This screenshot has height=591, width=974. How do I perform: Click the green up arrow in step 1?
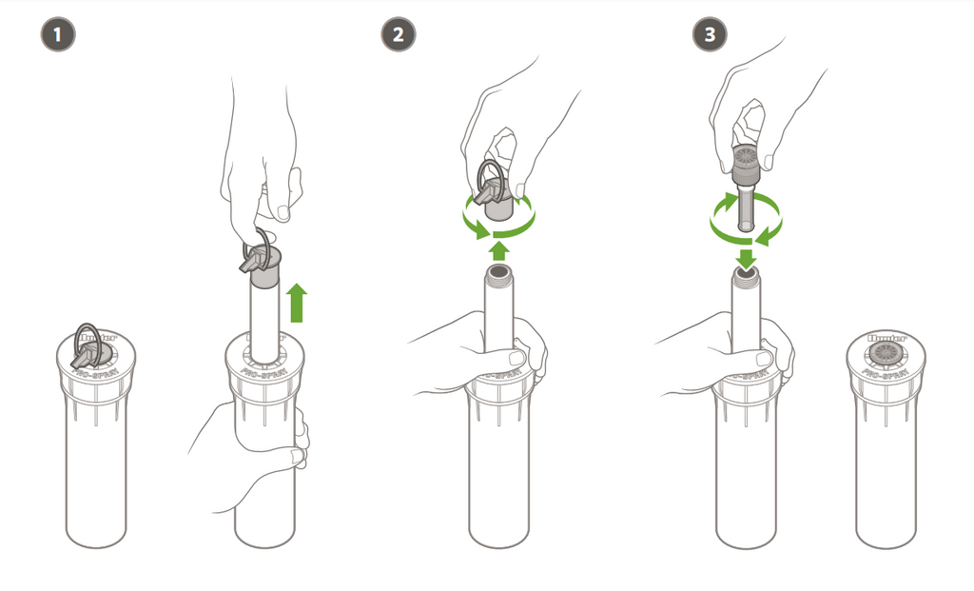pyautogui.click(x=298, y=303)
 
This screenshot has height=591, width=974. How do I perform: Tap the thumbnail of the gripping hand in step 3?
pyautogui.click(x=762, y=359)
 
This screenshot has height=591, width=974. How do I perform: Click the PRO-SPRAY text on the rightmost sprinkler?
pyautogui.click(x=884, y=374)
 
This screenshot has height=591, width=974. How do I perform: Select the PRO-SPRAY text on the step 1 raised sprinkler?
pyautogui.click(x=263, y=374)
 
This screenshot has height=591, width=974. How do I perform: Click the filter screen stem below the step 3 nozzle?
pyautogui.click(x=746, y=205)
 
